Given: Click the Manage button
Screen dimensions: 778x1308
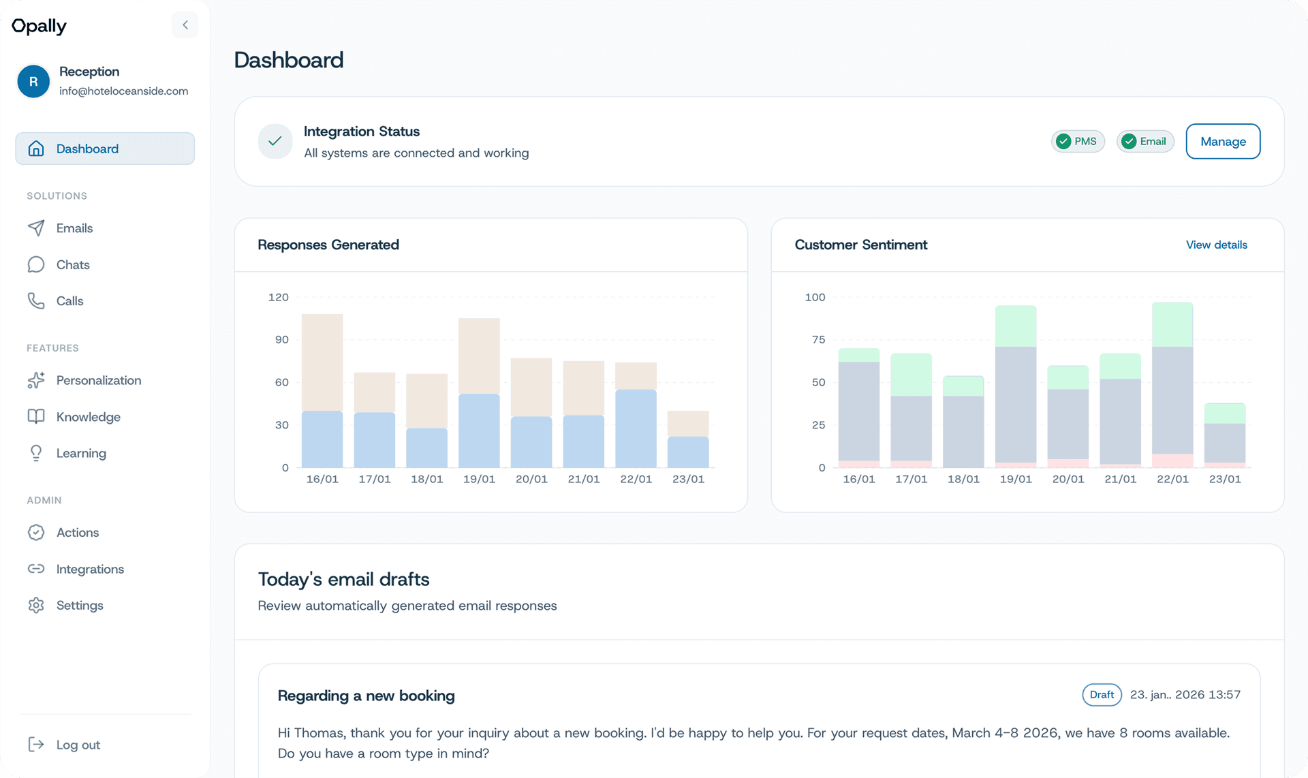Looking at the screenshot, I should (1223, 142).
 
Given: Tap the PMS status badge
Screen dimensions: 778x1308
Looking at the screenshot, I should (1078, 142).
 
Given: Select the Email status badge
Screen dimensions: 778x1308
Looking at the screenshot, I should (1144, 142).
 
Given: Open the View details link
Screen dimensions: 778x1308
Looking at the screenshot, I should (1216, 245).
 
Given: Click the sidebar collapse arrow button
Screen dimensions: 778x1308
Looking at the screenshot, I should (185, 25).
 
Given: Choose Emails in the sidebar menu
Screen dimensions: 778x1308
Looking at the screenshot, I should (74, 228).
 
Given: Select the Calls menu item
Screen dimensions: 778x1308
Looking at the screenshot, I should (69, 301).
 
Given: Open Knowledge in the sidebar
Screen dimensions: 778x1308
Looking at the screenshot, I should (88, 417).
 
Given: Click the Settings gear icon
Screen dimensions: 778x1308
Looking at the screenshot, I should (36, 606).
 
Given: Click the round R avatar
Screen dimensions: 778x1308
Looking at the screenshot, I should (33, 82).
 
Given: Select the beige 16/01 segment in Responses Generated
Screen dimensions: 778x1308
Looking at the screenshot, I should (322, 362).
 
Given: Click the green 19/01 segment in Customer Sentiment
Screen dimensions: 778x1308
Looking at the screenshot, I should (1015, 326).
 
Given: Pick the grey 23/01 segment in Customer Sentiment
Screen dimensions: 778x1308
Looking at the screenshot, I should (1224, 443).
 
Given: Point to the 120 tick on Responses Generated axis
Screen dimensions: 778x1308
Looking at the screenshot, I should (279, 297).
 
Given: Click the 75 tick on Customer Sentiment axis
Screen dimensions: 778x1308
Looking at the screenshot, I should (818, 339).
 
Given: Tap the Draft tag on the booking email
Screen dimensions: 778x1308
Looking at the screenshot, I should (1102, 695).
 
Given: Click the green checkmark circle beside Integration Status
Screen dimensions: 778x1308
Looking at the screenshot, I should (275, 141).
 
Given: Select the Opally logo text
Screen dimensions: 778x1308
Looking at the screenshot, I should (40, 26).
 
